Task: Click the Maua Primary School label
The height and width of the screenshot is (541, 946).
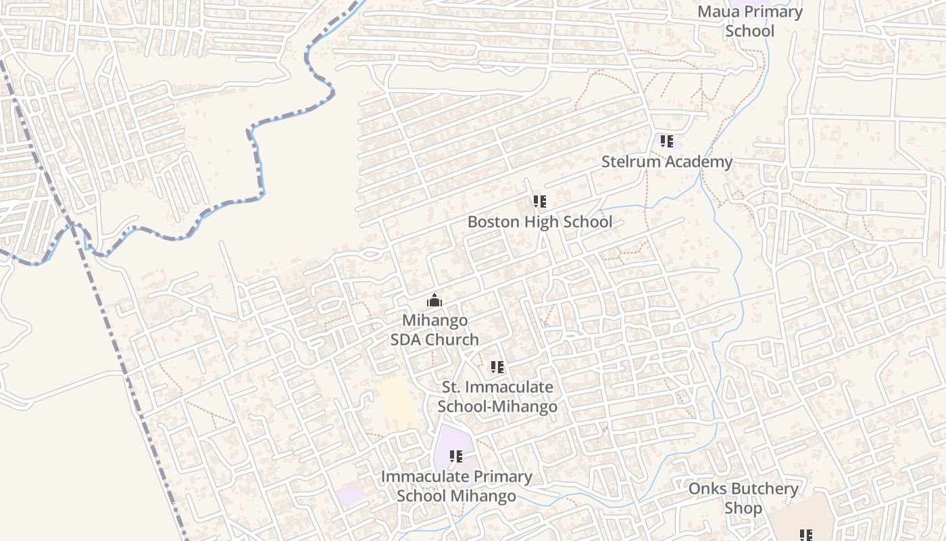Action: [749, 21]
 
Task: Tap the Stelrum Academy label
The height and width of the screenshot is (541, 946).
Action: [667, 162]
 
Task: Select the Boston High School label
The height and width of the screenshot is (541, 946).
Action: [540, 222]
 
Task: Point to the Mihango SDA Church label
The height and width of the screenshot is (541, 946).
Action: [434, 329]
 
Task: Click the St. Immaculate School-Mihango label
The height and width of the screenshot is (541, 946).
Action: [497, 397]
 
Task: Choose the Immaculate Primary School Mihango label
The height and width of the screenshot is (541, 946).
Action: [456, 486]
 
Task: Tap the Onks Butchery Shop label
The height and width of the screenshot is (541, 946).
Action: [743, 498]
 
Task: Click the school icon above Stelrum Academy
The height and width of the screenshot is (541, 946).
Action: [667, 141]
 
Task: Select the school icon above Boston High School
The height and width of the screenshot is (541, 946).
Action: [539, 202]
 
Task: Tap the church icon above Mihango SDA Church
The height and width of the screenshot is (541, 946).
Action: [434, 300]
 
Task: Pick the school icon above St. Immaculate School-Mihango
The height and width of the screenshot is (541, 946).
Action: [497, 367]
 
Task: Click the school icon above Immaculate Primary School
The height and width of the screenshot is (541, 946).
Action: [456, 456]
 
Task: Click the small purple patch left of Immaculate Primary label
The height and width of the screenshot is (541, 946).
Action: [351, 496]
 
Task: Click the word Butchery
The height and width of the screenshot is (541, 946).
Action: [764, 488]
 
